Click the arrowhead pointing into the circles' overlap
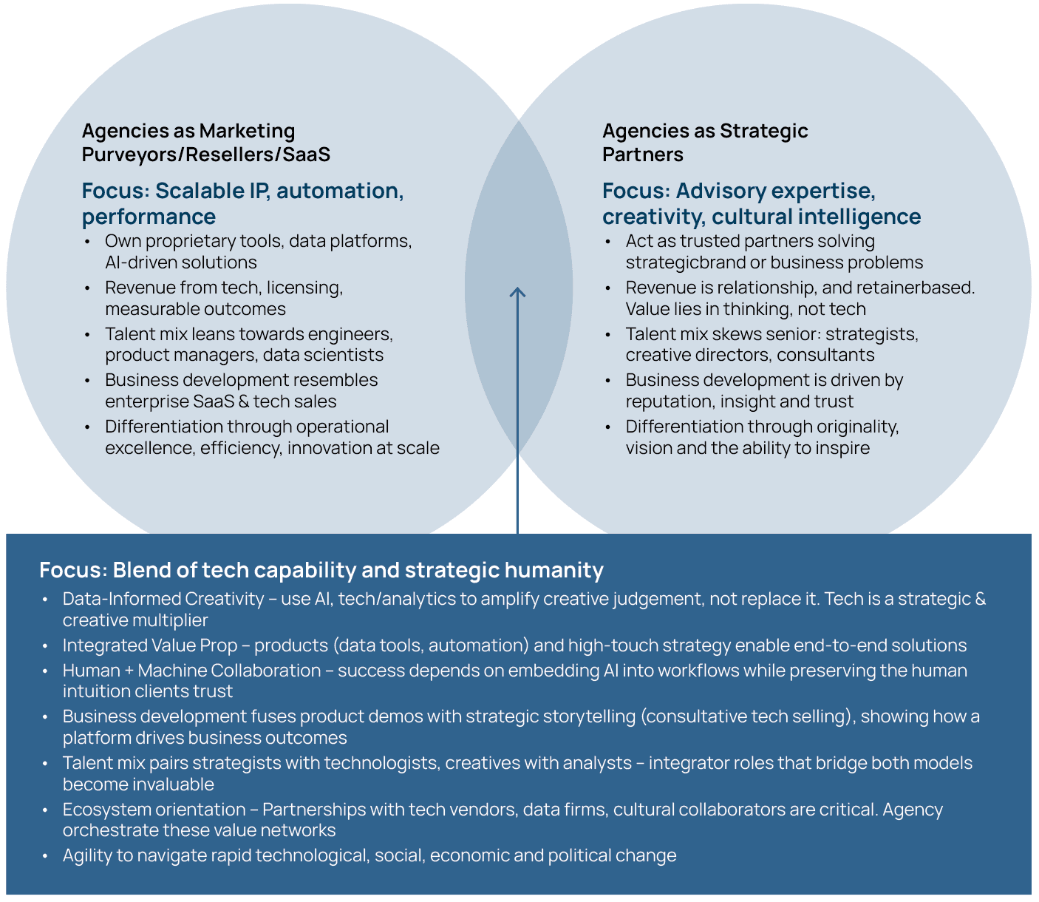(517, 292)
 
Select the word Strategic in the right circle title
(764, 131)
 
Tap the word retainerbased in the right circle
(915, 288)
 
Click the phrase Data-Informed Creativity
(163, 599)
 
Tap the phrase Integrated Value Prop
(149, 645)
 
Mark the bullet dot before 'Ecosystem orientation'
(46, 810)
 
